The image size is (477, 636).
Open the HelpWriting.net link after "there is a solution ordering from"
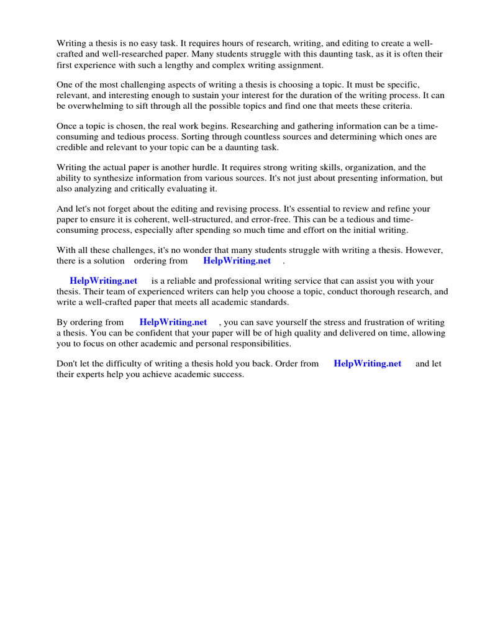coord(237,261)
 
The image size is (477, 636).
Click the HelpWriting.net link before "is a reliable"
coord(103,281)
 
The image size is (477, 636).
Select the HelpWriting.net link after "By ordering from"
coord(173,322)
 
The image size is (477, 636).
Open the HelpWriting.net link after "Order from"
coord(367,364)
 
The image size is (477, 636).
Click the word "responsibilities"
coord(255,343)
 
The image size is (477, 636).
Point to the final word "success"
coord(227,375)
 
